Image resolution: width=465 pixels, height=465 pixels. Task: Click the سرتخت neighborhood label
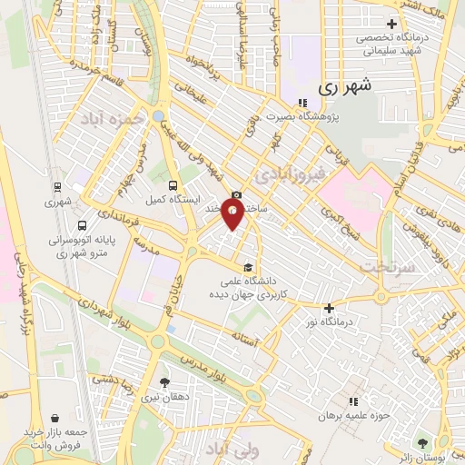coord(385,266)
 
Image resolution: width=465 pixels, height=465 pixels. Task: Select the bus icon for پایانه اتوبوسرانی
coord(83,226)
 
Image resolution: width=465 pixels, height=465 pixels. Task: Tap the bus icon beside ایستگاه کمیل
coord(169,179)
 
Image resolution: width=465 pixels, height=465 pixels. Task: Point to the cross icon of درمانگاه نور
coord(329,308)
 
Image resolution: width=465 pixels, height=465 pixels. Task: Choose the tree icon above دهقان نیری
coord(164,382)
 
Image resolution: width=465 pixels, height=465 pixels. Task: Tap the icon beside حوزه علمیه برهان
coord(353,401)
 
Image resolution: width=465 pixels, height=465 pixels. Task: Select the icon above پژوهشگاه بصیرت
coord(301,102)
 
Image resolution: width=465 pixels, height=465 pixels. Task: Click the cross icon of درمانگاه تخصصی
coord(391,24)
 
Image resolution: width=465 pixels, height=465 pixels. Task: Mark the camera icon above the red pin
coord(236,194)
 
